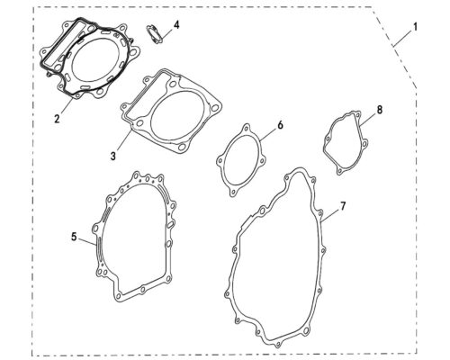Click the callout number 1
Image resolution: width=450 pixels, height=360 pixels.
pos(415,27)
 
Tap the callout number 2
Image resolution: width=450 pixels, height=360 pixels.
pos(57,118)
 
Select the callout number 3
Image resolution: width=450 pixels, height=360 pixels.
pos(113,156)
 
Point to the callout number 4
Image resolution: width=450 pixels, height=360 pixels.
pos(176,25)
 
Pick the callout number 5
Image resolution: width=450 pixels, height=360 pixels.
pos(74,237)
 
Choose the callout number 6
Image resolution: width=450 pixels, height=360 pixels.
pos(280,125)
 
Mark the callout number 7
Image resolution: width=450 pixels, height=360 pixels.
pos(342,206)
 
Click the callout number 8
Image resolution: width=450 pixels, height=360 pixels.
pos(380,110)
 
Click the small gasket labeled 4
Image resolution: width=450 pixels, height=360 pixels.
pos(154,33)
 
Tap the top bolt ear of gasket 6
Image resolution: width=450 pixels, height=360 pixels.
pos(247,128)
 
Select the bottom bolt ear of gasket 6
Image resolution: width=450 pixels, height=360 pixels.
pos(232,192)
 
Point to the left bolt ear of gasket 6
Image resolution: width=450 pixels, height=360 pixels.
pos(220,160)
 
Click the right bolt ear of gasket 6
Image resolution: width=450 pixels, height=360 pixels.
pos(263,160)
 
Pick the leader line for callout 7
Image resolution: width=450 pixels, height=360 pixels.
pos(330,216)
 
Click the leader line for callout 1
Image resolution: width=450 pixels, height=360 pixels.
pos(403,38)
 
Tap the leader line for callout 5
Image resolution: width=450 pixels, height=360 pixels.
pos(87,242)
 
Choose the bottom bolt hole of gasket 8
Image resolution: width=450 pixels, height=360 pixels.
pos(339,171)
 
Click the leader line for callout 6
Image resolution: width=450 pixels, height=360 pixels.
pos(269,134)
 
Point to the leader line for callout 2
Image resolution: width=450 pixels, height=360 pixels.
pos(67,106)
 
